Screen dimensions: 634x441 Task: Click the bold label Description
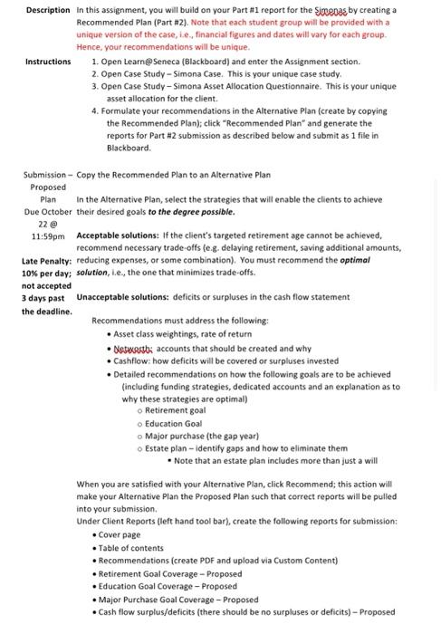click(x=48, y=9)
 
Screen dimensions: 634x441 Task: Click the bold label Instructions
click(x=48, y=62)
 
